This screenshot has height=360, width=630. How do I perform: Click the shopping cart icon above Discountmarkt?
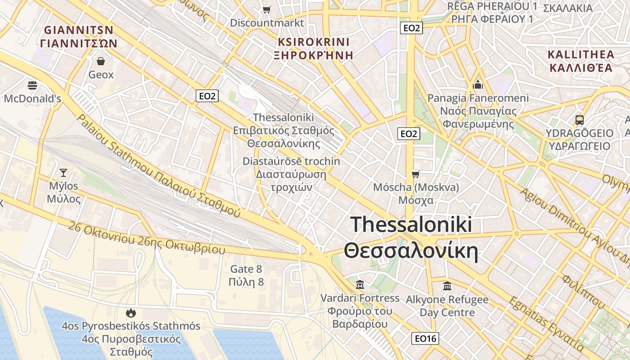click(x=267, y=9)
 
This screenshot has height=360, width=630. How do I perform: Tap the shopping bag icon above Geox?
click(x=101, y=61)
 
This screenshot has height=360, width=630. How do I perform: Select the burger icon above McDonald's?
click(x=32, y=85)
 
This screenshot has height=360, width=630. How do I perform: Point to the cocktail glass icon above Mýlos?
click(x=63, y=172)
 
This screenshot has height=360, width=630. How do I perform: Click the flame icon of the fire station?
click(x=131, y=312)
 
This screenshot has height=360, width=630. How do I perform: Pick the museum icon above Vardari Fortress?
click(x=360, y=284)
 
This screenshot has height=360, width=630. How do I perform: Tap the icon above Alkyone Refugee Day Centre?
click(x=447, y=286)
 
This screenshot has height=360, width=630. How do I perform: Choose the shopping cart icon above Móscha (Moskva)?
click(x=416, y=174)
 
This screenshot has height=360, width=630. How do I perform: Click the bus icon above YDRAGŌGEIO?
click(x=580, y=120)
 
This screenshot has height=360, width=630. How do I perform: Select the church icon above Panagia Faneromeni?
click(x=477, y=84)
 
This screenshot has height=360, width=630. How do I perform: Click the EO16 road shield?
click(x=425, y=338)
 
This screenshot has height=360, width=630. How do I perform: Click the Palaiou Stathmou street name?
click(x=158, y=166)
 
